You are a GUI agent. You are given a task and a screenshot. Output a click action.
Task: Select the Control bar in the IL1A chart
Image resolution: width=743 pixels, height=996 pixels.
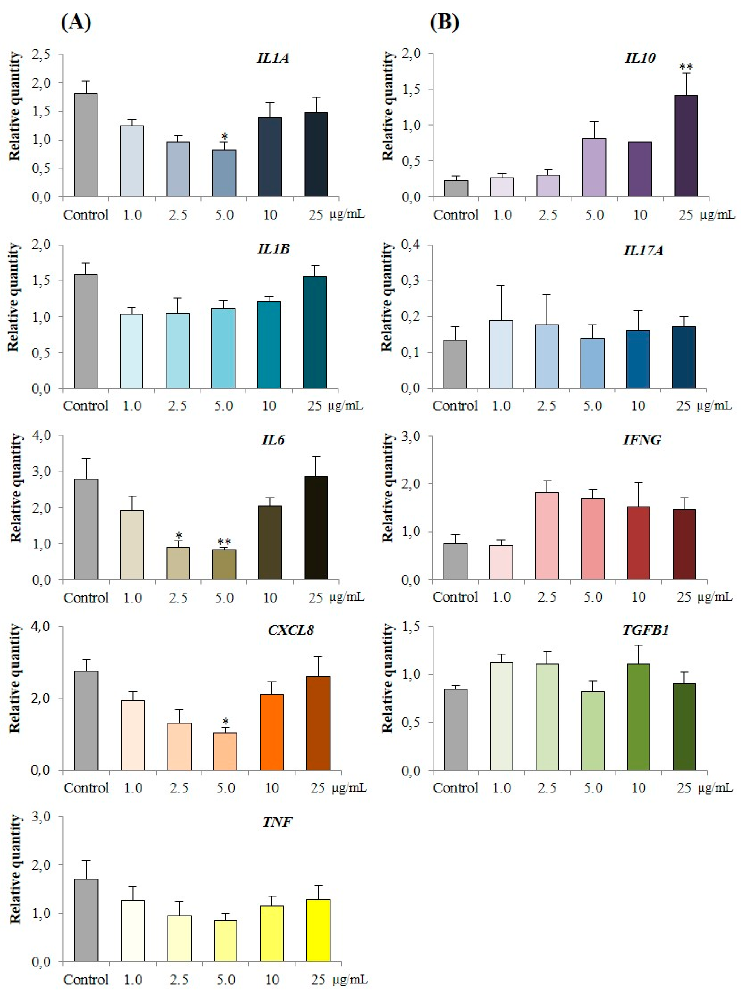pos(86,145)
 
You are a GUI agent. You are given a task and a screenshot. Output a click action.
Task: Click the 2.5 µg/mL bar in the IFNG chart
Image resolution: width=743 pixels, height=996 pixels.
pos(547,536)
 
